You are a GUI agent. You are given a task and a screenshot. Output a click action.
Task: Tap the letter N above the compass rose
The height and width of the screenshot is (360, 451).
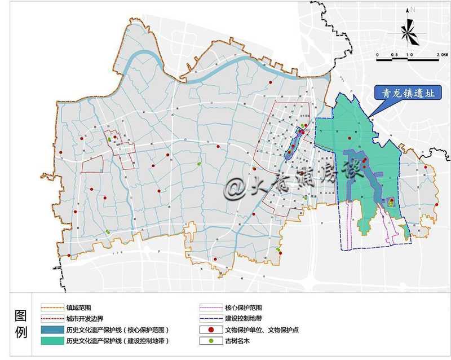pyautogui.click(x=413, y=10)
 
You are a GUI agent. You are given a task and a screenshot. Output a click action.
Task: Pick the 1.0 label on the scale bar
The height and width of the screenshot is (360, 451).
pyautogui.click(x=409, y=54)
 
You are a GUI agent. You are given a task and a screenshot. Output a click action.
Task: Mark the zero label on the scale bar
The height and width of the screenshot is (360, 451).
pyautogui.click(x=378, y=54)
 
